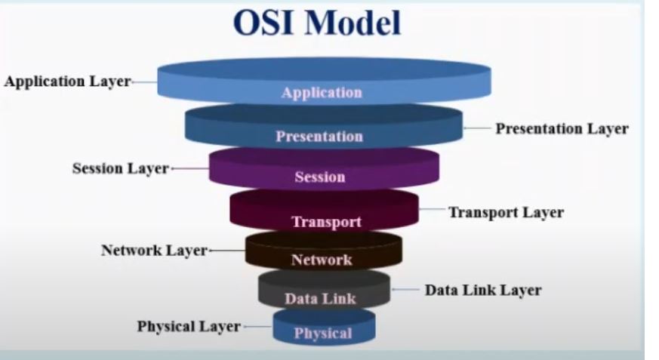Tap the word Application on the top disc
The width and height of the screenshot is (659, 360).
[x=322, y=94]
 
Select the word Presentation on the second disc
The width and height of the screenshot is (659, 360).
[x=319, y=137]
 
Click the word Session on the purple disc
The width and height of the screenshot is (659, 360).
[x=319, y=178]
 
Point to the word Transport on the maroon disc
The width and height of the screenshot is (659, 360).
[x=326, y=222]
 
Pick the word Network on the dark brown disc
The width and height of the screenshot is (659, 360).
[x=321, y=260]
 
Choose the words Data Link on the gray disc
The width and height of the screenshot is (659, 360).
[x=320, y=299]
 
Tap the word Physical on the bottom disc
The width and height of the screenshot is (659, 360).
[x=322, y=334]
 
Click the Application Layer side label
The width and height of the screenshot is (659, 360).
[x=67, y=82]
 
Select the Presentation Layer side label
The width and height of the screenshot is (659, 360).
[x=562, y=128]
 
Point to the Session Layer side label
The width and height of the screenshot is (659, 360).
[x=120, y=168]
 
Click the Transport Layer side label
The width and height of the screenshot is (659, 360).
[x=506, y=212]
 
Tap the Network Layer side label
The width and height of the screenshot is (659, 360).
[x=153, y=250]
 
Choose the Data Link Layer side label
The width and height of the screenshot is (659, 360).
[x=482, y=290]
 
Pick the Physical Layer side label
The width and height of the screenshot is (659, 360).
[x=189, y=327]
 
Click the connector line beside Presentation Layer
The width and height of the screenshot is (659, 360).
[x=477, y=128]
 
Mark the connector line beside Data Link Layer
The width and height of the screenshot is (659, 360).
[x=407, y=290]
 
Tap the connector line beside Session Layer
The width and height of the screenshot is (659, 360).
[x=189, y=168]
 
